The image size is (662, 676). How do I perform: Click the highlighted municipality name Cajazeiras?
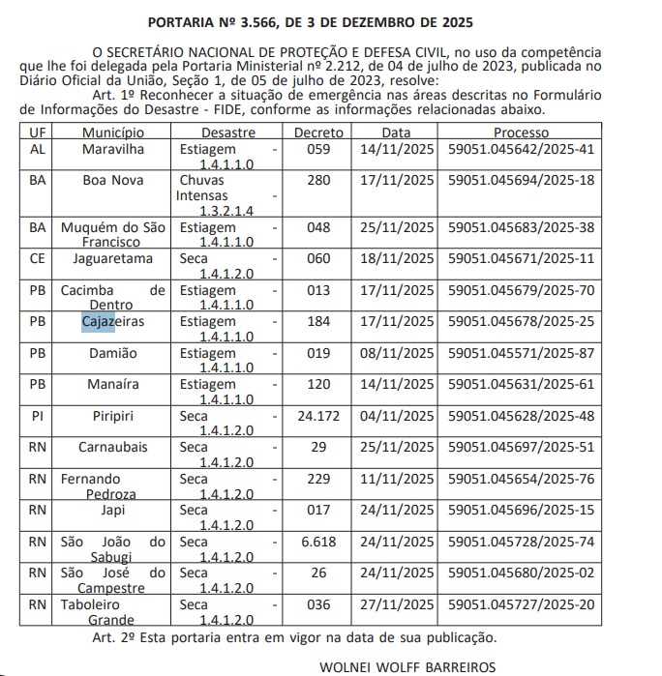112,321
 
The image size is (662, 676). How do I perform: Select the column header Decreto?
318,132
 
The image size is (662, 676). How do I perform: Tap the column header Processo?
521,132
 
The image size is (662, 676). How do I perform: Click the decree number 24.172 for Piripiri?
318,416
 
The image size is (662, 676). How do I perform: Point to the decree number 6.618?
318,542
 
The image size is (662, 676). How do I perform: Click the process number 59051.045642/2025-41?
521,149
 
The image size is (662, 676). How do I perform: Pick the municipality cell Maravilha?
112,149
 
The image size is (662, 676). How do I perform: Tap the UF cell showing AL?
38,149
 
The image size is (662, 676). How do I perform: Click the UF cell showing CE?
38,258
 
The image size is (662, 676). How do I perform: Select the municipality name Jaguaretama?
112,258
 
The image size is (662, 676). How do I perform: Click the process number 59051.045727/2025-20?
521,604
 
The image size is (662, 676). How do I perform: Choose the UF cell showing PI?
38,416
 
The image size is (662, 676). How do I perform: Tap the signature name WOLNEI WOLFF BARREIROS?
406,666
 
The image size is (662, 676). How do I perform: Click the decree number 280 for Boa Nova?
318,180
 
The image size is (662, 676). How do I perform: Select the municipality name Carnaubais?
112,447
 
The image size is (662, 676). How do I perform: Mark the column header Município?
112,132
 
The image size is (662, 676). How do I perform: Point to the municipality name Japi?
112,510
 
